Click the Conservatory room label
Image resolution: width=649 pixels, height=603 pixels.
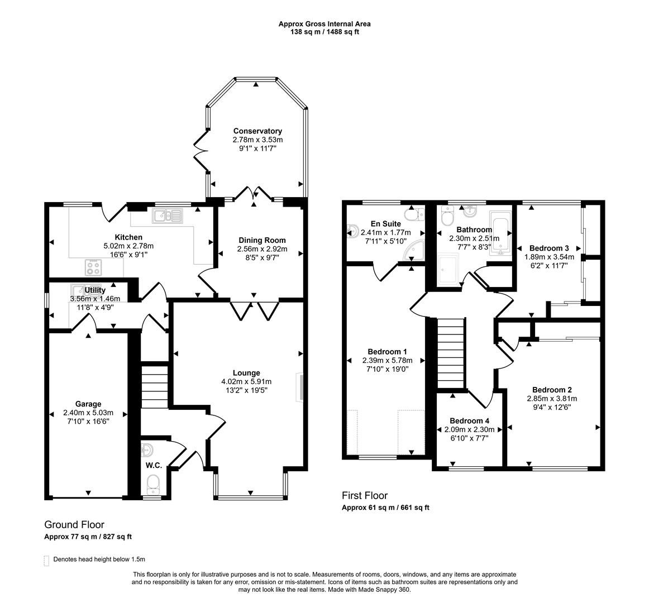(257, 131)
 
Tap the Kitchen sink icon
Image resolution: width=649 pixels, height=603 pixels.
(168, 215)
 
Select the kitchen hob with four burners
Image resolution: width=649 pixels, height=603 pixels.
(93, 267)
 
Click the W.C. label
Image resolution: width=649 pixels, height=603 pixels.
(154, 465)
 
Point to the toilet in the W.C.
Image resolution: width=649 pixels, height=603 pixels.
(152, 482)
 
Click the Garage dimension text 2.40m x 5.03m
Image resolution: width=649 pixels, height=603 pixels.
(88, 413)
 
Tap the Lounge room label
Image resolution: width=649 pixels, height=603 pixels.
(246, 373)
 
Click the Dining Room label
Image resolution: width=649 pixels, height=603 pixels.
(261, 240)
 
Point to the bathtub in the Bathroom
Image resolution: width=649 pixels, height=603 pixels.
(500, 233)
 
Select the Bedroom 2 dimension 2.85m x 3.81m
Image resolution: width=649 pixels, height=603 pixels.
(551, 399)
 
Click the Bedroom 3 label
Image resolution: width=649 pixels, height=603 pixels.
(549, 248)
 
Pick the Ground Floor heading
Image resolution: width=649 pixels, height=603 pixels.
(74, 525)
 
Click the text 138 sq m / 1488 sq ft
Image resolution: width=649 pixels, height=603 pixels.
(324, 32)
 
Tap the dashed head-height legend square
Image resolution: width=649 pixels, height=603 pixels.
(47, 559)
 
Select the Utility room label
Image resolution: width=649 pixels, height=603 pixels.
(95, 290)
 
